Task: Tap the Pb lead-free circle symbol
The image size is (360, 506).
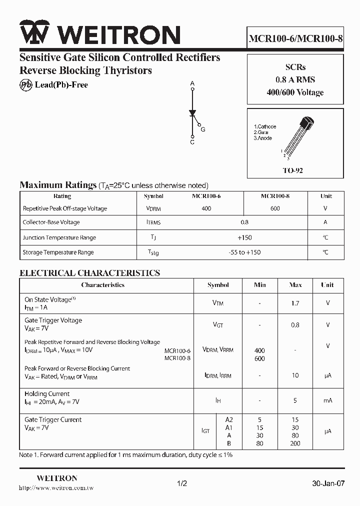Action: click(x=26, y=84)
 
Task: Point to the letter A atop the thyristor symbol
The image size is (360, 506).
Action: click(x=192, y=83)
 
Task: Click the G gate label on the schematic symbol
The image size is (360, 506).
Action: click(x=203, y=129)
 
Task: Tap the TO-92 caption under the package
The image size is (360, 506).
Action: click(x=293, y=170)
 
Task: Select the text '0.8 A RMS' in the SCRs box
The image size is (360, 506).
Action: click(x=295, y=79)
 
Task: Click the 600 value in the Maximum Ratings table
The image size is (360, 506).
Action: click(x=275, y=208)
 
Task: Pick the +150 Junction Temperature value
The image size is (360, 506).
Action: click(x=244, y=237)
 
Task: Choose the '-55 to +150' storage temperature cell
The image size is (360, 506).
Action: click(x=244, y=252)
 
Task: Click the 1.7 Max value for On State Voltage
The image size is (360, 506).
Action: click(x=295, y=303)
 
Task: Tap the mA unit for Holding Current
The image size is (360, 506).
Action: click(x=327, y=400)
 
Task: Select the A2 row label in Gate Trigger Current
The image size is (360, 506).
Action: click(x=229, y=419)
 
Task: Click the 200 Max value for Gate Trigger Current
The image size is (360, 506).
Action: click(x=295, y=443)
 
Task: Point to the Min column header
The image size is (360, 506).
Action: click(x=259, y=285)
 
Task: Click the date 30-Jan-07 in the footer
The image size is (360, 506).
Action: click(x=328, y=483)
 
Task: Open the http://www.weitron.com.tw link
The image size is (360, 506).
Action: click(x=56, y=488)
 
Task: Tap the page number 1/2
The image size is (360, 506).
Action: click(x=182, y=483)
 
